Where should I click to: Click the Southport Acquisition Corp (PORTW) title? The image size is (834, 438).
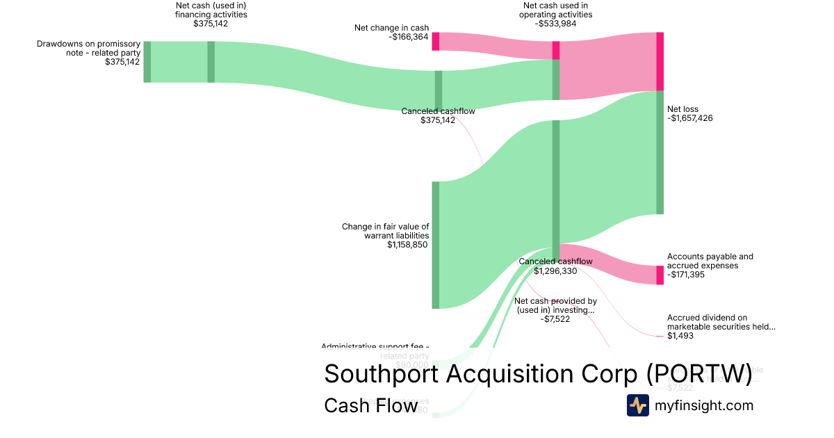point(538,374)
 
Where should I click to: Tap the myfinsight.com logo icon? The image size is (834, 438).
point(637,405)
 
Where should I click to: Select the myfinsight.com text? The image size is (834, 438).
point(703,405)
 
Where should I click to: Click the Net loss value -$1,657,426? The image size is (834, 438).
point(689,118)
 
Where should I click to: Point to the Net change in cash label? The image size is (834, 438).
point(391,28)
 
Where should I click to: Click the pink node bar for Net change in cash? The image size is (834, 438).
point(436,41)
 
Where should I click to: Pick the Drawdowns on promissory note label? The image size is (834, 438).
point(88,48)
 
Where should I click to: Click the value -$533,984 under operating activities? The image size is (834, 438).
point(556,23)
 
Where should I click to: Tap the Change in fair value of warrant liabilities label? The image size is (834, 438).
point(385,231)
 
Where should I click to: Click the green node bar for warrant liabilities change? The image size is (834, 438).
point(436,245)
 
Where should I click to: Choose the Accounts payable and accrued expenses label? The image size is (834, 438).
point(710,261)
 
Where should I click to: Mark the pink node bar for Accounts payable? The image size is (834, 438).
point(660,275)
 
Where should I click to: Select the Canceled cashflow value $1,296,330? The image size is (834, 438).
point(556,271)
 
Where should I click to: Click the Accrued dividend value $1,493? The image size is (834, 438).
point(680,336)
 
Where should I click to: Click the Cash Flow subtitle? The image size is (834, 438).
point(370,405)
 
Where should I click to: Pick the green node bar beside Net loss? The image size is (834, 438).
point(660,152)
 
